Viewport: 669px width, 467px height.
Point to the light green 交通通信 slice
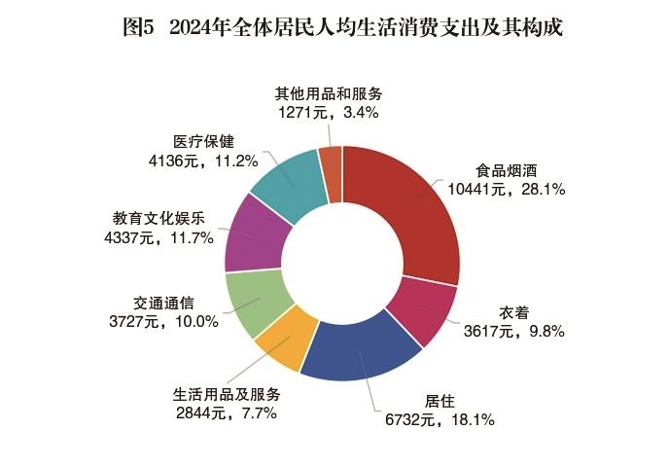254,303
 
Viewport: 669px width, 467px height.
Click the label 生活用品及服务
227,395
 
